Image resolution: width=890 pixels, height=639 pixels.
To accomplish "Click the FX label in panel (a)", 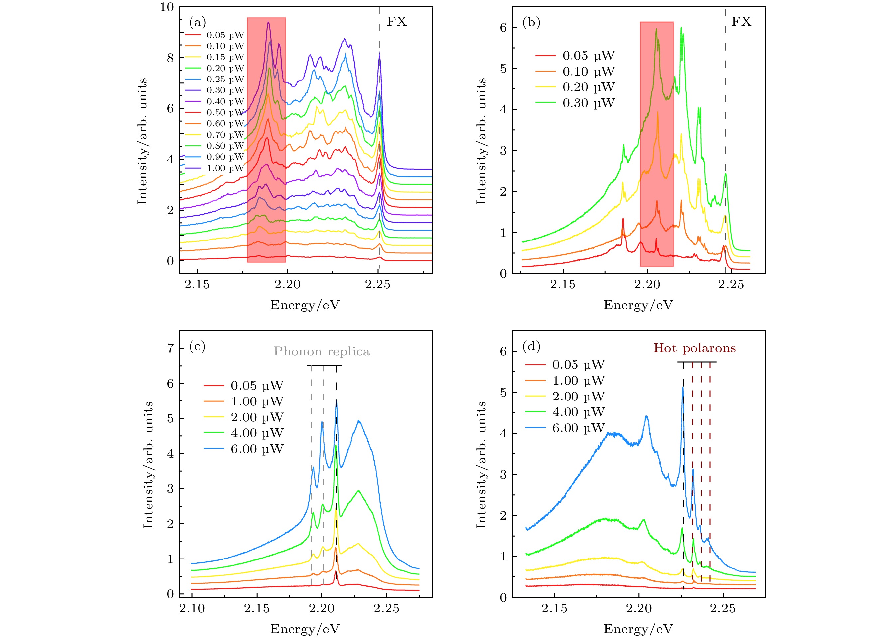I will pyautogui.click(x=396, y=22).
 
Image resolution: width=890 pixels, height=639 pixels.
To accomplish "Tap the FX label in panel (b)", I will pyautogui.click(x=741, y=22).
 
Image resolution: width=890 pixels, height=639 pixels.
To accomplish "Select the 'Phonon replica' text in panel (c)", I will pyautogui.click(x=321, y=351).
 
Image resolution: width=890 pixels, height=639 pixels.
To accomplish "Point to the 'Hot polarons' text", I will pyautogui.click(x=694, y=348).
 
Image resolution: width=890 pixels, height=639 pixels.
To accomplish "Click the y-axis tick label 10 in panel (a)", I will pyautogui.click(x=166, y=7).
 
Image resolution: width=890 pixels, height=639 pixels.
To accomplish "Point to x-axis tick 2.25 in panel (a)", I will pyautogui.click(x=377, y=284).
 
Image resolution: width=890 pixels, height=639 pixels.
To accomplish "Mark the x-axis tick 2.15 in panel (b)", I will pyautogui.click(x=563, y=284).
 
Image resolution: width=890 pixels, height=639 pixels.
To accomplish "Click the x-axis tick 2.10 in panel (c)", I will pyautogui.click(x=192, y=609).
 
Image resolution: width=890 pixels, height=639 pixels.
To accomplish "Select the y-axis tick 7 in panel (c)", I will pyautogui.click(x=170, y=348).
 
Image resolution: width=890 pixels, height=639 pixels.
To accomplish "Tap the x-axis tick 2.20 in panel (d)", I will pyautogui.click(x=638, y=609).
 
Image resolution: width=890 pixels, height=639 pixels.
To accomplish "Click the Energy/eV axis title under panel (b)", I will pyautogui.click(x=638, y=305).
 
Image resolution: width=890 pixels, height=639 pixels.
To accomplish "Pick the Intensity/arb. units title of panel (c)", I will pyautogui.click(x=148, y=465).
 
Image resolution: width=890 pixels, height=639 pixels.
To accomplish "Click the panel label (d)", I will pyautogui.click(x=531, y=346).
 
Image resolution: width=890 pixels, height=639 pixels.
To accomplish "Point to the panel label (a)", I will pyautogui.click(x=197, y=22).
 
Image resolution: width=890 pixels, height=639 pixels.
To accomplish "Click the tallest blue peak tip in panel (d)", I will pyautogui.click(x=683, y=387).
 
